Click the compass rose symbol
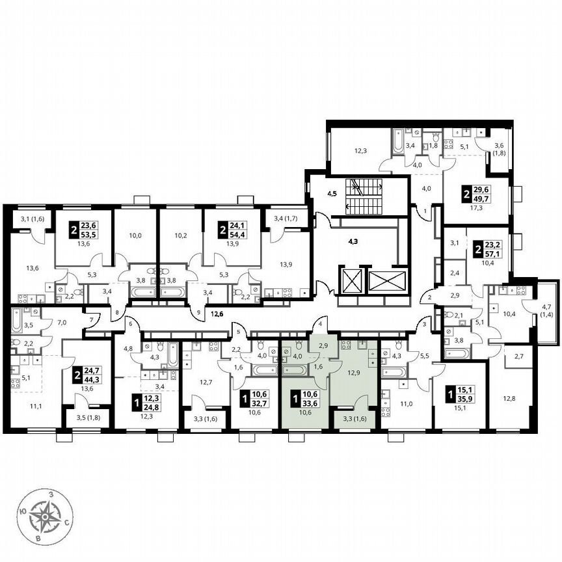coord(46,517)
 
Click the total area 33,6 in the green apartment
coord(305,401)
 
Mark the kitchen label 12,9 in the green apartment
coord(355,373)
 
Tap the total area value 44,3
coord(87,380)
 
